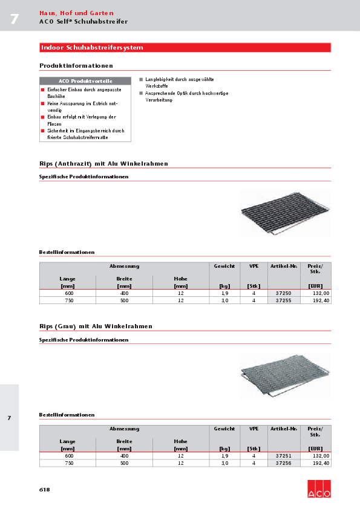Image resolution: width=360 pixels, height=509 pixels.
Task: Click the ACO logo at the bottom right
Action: point(319,487)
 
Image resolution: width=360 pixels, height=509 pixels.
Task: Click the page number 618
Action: point(45,489)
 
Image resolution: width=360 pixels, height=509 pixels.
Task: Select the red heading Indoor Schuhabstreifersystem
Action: point(92,47)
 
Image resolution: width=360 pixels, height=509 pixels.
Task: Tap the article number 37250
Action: point(283,293)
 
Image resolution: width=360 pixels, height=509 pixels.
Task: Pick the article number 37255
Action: point(283,300)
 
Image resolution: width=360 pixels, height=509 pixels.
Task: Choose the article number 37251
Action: point(283,456)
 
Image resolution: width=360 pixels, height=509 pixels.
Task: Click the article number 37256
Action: point(283,463)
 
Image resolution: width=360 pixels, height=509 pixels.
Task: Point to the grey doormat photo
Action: point(285,375)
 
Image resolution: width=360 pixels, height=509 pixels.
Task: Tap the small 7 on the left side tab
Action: point(9,418)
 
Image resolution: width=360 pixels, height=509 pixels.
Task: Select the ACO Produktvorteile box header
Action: point(85,81)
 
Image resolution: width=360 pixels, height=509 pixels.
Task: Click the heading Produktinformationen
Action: point(76,65)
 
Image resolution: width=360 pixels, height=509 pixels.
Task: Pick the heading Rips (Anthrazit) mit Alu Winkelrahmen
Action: point(103,164)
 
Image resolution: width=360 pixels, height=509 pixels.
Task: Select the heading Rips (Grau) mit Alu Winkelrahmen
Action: point(96,326)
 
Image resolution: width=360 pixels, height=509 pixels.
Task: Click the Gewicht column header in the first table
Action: point(224,266)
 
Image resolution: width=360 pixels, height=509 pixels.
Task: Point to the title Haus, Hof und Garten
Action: point(76,13)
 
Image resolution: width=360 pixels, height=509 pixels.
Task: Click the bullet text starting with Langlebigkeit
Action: point(179,82)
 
